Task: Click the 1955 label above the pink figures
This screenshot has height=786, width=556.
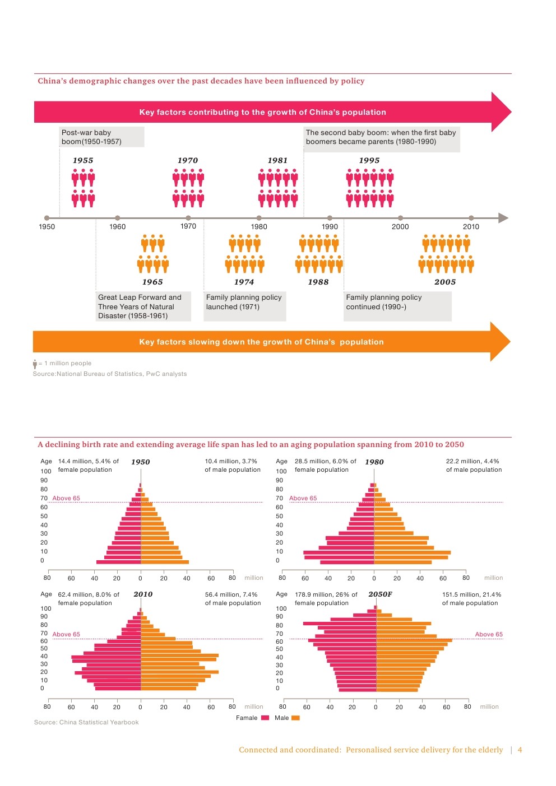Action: [x=83, y=160]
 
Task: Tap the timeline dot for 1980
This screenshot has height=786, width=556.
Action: [x=259, y=218]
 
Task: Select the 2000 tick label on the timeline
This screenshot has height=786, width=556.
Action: [x=400, y=227]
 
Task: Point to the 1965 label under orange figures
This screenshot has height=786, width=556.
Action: [x=152, y=282]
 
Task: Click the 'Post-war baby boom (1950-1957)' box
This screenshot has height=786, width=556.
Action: [x=101, y=137]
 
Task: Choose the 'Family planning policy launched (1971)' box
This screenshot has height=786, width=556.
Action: [x=245, y=306]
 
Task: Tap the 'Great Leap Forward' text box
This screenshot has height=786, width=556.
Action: [x=143, y=306]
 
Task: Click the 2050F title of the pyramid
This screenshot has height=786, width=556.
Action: [x=380, y=594]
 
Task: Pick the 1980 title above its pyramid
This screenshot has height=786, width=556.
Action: [x=374, y=462]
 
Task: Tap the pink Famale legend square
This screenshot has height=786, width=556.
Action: [x=265, y=718]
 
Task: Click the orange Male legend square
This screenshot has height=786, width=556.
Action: [x=295, y=718]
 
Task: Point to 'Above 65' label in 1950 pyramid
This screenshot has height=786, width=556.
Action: [x=66, y=498]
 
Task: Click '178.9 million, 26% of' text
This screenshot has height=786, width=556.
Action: [x=326, y=594]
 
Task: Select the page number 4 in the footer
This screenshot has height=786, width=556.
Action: [x=520, y=750]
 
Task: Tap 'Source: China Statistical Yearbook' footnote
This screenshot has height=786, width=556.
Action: [x=86, y=722]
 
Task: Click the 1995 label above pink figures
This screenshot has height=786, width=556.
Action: [x=369, y=160]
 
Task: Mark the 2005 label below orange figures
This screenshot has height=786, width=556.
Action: [x=445, y=282]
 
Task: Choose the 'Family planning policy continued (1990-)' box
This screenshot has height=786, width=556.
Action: [x=397, y=306]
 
